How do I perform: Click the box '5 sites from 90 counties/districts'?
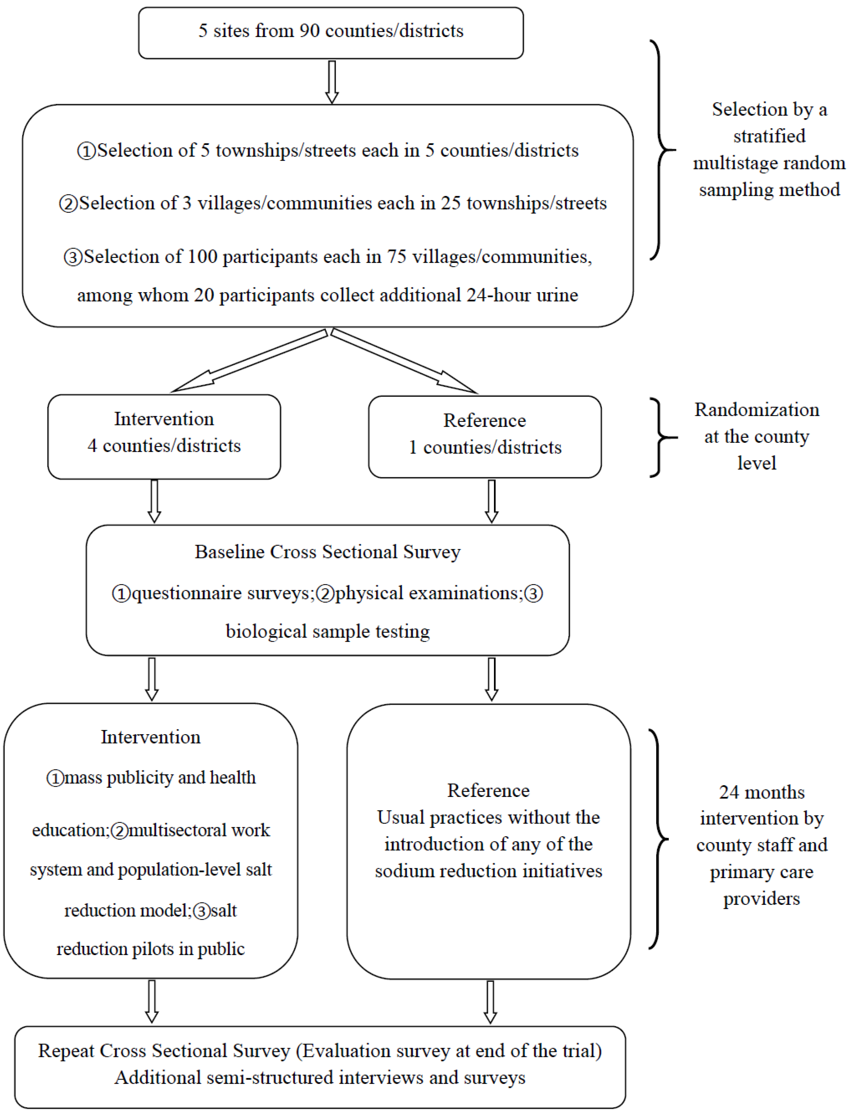(331, 32)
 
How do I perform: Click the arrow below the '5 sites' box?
(332, 82)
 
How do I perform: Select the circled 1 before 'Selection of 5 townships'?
(86, 151)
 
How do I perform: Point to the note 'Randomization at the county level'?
(757, 436)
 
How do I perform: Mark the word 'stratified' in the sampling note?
(769, 136)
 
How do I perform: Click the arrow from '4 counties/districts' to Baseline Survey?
(154, 501)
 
